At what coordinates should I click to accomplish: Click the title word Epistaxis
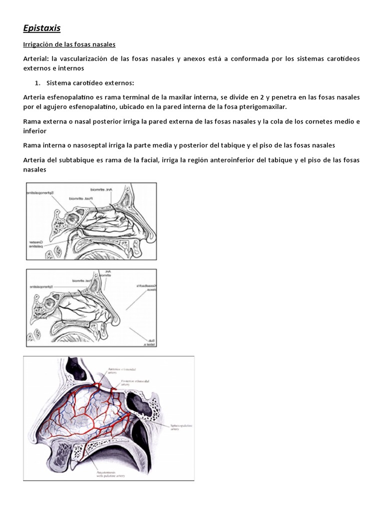pos(42,28)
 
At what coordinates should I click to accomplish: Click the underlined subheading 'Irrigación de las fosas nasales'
pos(69,45)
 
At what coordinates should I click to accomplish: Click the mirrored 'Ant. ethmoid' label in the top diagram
pos(101,190)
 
